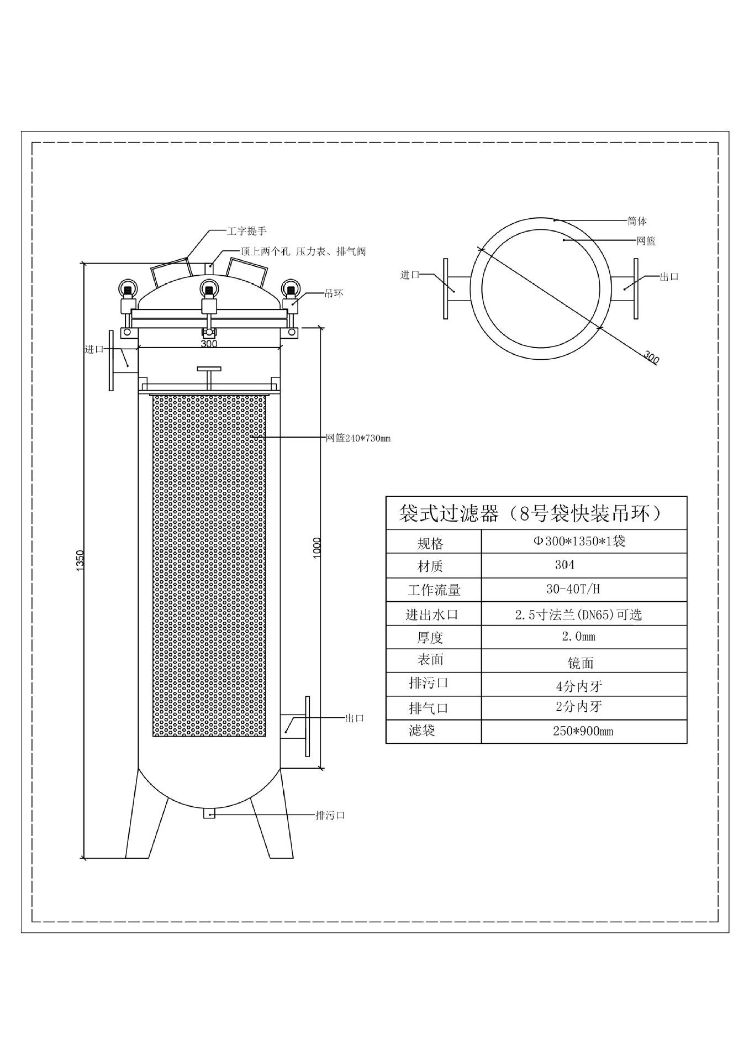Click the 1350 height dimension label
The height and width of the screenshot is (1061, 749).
click(x=80, y=560)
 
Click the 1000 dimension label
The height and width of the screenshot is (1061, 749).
click(x=317, y=548)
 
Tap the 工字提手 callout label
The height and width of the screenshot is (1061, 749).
click(x=247, y=231)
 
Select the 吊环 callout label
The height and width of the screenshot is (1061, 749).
click(x=334, y=293)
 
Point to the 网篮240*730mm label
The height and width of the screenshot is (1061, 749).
click(x=358, y=438)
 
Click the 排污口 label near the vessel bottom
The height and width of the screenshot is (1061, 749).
click(x=330, y=815)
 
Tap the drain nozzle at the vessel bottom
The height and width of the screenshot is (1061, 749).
click(x=209, y=813)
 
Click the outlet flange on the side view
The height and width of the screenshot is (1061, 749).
click(x=307, y=726)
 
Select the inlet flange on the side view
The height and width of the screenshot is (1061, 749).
click(x=111, y=360)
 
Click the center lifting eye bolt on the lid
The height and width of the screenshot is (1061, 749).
click(x=208, y=288)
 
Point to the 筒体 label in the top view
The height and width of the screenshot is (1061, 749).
click(x=637, y=221)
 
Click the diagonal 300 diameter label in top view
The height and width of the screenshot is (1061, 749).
click(x=652, y=357)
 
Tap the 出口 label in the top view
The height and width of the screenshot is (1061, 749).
click(x=669, y=276)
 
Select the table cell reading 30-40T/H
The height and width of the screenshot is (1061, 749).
click(x=573, y=589)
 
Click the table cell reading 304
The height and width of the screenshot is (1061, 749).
click(x=565, y=565)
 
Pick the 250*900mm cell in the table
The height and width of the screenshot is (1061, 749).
click(x=583, y=731)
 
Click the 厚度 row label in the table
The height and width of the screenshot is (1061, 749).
click(x=430, y=638)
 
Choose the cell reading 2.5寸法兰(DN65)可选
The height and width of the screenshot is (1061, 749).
click(x=578, y=614)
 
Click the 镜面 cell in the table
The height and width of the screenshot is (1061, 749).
click(x=580, y=663)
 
